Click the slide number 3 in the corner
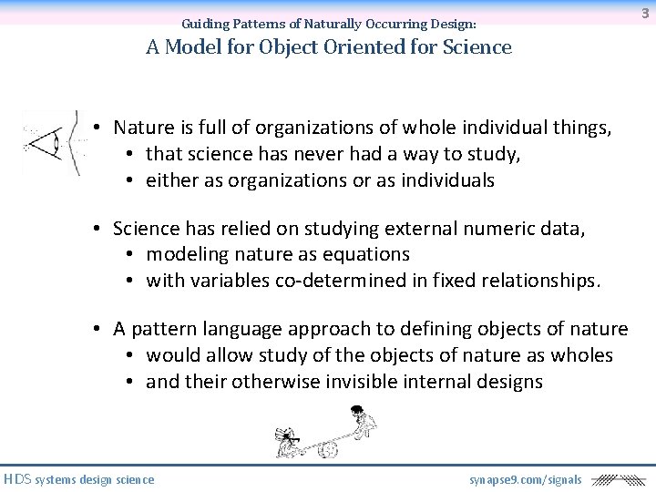coord(644,13)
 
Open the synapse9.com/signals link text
coord(525,479)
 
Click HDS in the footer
coord(17,479)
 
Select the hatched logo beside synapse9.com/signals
coord(617,479)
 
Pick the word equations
coord(364,254)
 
